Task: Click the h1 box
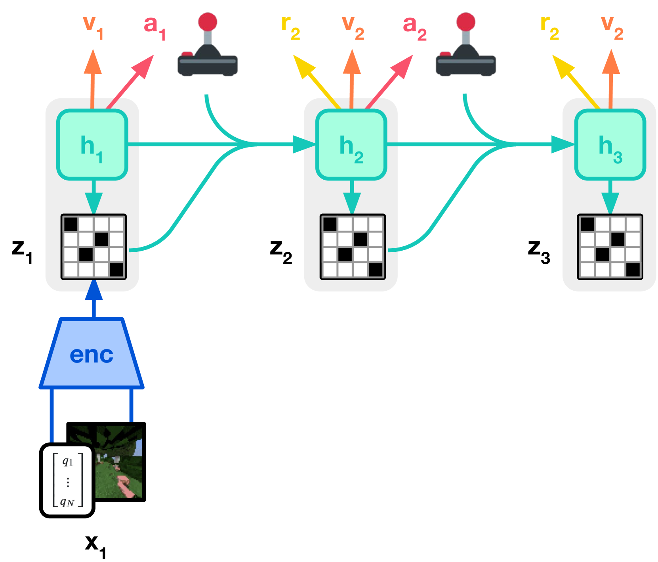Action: [92, 145]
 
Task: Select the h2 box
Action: [351, 145]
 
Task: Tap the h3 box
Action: [610, 145]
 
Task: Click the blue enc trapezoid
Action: [92, 353]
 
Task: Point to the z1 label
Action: [22, 251]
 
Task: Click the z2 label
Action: [281, 251]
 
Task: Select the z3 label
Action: [539, 251]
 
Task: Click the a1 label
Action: [154, 28]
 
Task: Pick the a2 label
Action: [415, 28]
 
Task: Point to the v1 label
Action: [93, 27]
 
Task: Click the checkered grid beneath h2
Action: [353, 247]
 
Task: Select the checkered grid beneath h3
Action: [610, 247]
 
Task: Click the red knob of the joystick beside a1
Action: [208, 21]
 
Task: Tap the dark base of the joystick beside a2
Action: [466, 65]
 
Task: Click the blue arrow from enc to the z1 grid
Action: [94, 298]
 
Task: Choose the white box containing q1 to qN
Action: [67, 480]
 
